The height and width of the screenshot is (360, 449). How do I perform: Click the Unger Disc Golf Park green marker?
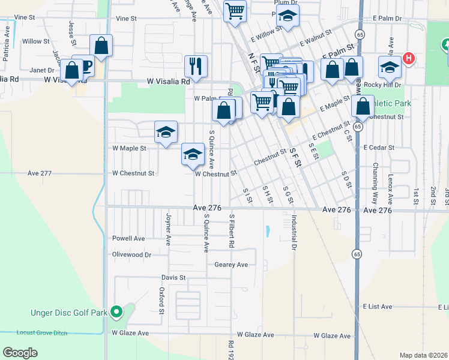click(118, 312)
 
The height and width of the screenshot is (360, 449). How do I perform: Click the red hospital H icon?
click(409, 58)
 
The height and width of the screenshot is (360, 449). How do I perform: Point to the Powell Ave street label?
click(128, 238)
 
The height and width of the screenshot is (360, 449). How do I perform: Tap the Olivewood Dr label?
click(131, 254)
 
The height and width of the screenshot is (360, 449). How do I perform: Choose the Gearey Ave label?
click(231, 265)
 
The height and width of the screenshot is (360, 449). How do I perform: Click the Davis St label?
click(173, 278)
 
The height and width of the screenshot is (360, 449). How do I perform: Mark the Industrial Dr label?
click(294, 232)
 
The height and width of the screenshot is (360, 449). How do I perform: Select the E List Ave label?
click(378, 307)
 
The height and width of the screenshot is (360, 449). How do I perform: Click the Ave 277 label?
click(40, 173)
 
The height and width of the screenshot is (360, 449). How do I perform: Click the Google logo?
click(20, 353)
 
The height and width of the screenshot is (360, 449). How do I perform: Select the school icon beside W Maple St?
click(166, 133)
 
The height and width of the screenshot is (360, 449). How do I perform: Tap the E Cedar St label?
click(378, 147)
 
